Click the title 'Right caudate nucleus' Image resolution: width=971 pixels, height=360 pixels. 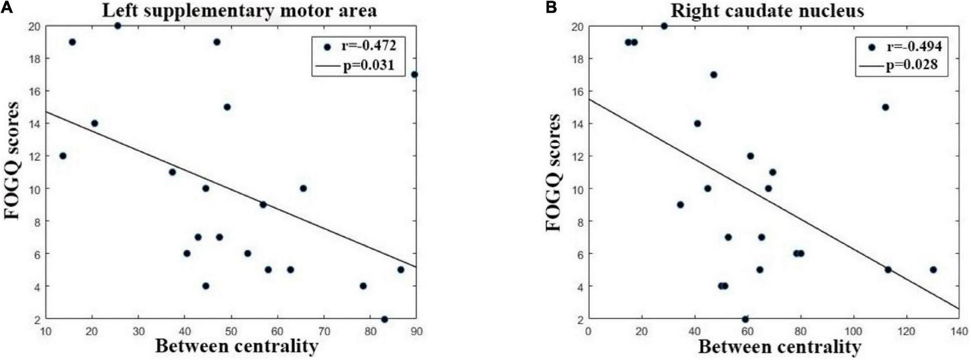click(x=767, y=10)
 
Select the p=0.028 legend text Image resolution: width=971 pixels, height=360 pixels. click(x=912, y=65)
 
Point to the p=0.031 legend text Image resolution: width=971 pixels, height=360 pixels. click(x=368, y=67)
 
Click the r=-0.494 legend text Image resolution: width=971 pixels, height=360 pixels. click(x=914, y=47)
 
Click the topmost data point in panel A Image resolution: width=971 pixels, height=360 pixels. click(x=117, y=26)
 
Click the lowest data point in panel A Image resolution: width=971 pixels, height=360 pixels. click(x=384, y=319)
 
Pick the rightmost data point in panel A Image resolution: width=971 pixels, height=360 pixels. click(x=414, y=75)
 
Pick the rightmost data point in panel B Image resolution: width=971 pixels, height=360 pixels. click(x=933, y=270)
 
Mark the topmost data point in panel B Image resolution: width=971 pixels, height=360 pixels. click(x=664, y=26)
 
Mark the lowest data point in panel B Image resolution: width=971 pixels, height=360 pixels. click(x=745, y=319)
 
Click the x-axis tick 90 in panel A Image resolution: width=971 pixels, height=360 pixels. click(x=416, y=331)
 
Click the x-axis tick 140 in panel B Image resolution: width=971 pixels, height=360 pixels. click(x=959, y=331)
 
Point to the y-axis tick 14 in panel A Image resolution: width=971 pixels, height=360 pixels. click(x=34, y=123)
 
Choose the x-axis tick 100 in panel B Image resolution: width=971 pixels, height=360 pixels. click(x=853, y=331)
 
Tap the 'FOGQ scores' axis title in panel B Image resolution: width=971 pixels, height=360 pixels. click(x=554, y=172)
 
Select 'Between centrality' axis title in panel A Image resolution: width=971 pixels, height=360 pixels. click(x=237, y=346)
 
